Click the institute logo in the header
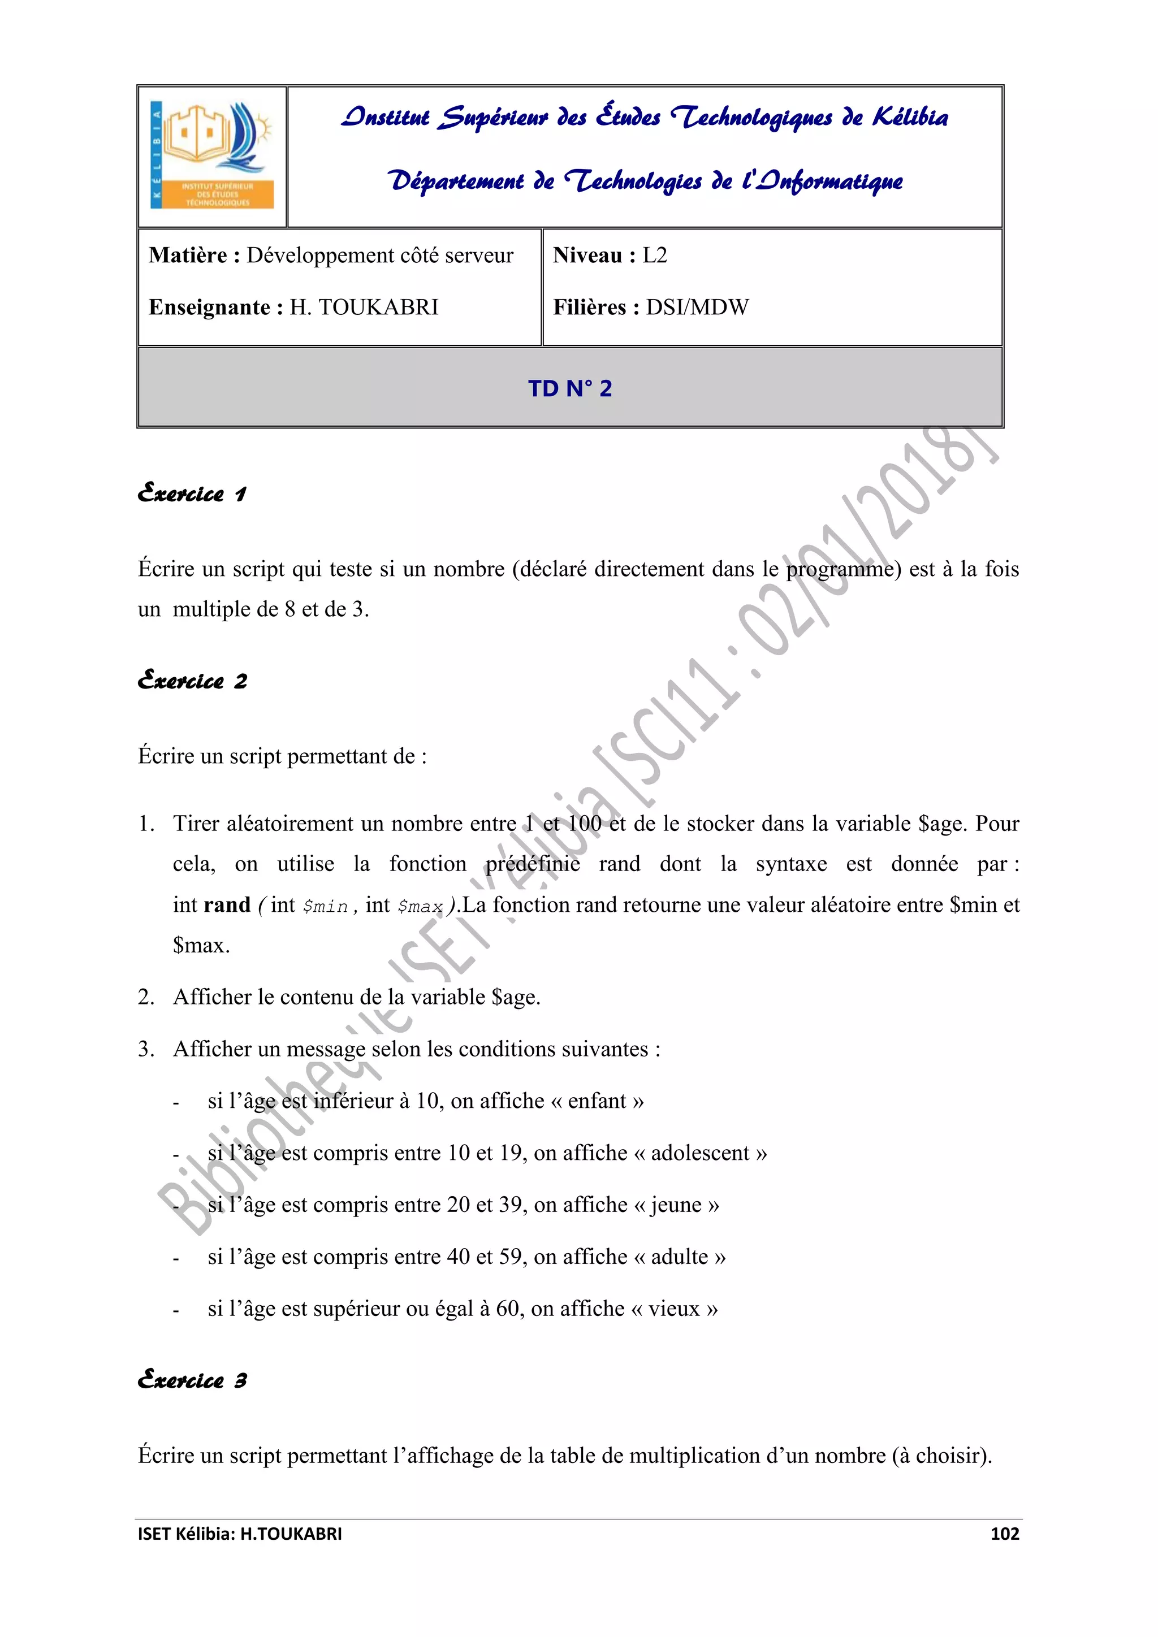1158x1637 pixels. pyautogui.click(x=213, y=155)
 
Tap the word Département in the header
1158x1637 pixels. pyautogui.click(x=456, y=180)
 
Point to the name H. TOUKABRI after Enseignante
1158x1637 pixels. pyautogui.click(x=364, y=308)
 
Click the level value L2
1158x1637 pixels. pyautogui.click(x=655, y=255)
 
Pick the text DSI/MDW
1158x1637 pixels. pyautogui.click(x=697, y=308)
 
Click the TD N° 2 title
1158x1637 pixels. pyautogui.click(x=570, y=388)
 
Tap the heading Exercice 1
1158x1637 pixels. pyautogui.click(x=192, y=493)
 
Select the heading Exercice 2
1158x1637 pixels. pyautogui.click(x=192, y=681)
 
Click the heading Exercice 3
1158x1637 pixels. pyautogui.click(x=192, y=1380)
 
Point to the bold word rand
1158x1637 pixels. pyautogui.click(x=227, y=905)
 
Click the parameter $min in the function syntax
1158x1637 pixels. pyautogui.click(x=325, y=907)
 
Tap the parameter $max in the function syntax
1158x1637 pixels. pyautogui.click(x=420, y=907)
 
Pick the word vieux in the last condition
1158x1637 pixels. pyautogui.click(x=674, y=1309)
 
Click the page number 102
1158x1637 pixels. pyautogui.click(x=1004, y=1534)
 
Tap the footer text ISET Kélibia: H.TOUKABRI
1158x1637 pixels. pyautogui.click(x=240, y=1534)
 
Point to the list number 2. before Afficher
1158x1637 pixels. pyautogui.click(x=146, y=997)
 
